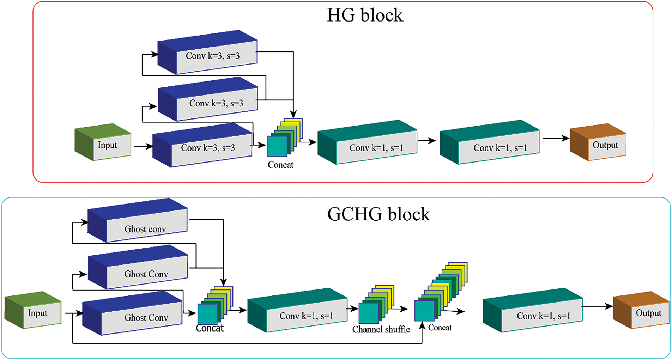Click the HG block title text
(x=365, y=15)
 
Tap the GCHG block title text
(x=379, y=214)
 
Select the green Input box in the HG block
(x=103, y=142)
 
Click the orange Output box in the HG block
(x=598, y=142)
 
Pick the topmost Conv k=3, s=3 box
(x=207, y=52)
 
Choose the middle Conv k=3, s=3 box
(x=208, y=99)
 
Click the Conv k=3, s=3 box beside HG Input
(x=202, y=145)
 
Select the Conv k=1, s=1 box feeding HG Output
(x=490, y=142)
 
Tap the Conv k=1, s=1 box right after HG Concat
(x=368, y=142)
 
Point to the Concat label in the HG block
(x=280, y=165)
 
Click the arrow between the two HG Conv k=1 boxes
(x=427, y=141)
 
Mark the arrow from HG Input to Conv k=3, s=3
(x=143, y=146)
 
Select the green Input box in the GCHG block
(x=33, y=310)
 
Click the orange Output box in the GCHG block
(x=641, y=310)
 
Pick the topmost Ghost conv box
(x=138, y=220)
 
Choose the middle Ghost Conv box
(x=138, y=267)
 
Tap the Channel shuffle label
(x=381, y=329)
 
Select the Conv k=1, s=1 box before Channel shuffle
(x=298, y=310)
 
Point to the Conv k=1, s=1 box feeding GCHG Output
(x=533, y=310)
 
